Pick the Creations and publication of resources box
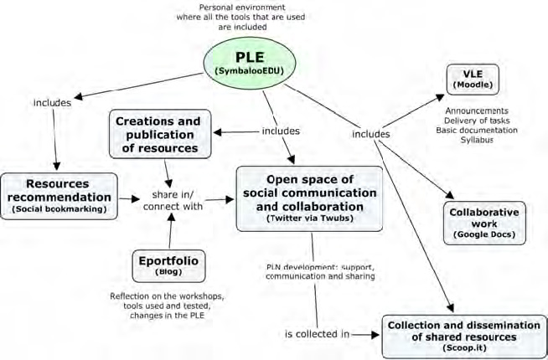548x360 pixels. click(159, 134)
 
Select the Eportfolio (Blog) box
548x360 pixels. click(168, 267)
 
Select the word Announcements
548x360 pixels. click(476, 110)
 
